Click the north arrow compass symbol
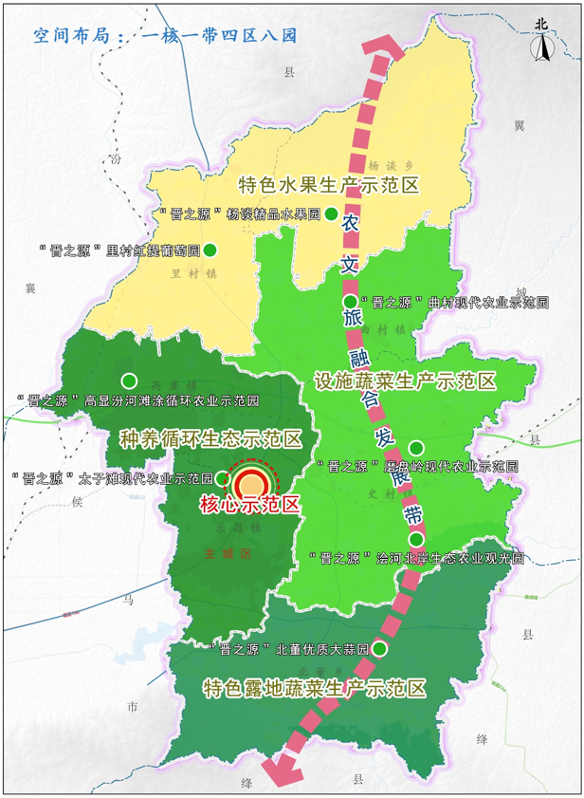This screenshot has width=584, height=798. [x=541, y=43]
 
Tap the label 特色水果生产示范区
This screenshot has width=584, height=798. [x=328, y=185]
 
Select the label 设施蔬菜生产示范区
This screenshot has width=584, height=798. [x=405, y=381]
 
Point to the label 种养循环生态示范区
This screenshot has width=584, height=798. [x=210, y=439]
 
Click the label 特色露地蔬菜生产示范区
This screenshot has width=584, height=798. [x=315, y=688]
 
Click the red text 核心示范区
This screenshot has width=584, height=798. [x=249, y=505]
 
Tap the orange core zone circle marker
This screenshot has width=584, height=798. [x=252, y=482]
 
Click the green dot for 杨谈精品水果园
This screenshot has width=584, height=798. [x=332, y=213]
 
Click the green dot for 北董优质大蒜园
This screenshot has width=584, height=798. [x=379, y=649]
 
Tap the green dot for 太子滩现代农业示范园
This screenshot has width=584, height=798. [x=222, y=477]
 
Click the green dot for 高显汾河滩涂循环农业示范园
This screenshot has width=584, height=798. [x=129, y=380]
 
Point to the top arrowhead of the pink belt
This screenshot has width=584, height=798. [x=382, y=46]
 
